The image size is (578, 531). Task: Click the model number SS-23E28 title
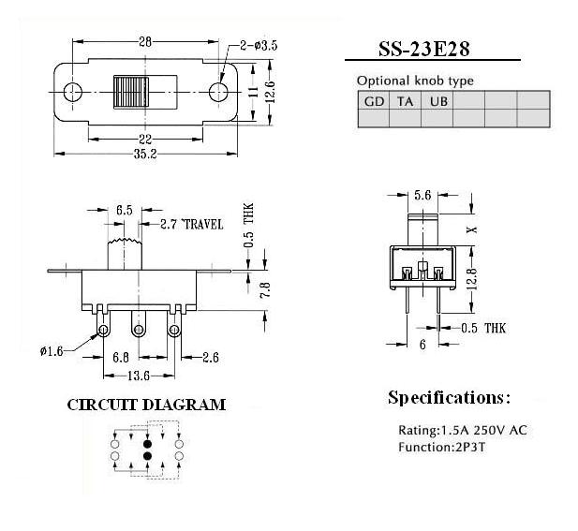(x=424, y=49)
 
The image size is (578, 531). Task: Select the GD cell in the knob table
(x=374, y=100)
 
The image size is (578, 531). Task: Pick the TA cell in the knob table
(x=405, y=100)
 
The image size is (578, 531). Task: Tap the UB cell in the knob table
(x=437, y=100)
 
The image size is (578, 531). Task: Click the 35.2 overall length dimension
(x=145, y=154)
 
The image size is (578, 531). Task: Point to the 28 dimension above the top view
(x=145, y=41)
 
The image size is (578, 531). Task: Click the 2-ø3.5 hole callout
(x=259, y=46)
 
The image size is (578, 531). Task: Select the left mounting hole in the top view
(x=73, y=92)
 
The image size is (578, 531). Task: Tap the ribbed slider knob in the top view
(x=131, y=92)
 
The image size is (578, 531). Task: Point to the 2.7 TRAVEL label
(x=192, y=225)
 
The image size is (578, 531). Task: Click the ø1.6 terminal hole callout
(x=52, y=351)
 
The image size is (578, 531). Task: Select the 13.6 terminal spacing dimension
(x=139, y=376)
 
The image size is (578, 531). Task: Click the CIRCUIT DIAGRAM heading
(x=146, y=405)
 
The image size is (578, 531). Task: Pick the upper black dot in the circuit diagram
(x=147, y=443)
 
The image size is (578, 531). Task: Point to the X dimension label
(x=472, y=230)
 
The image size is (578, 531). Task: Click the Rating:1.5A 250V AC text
(x=463, y=430)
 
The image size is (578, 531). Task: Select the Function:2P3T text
(x=441, y=447)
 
